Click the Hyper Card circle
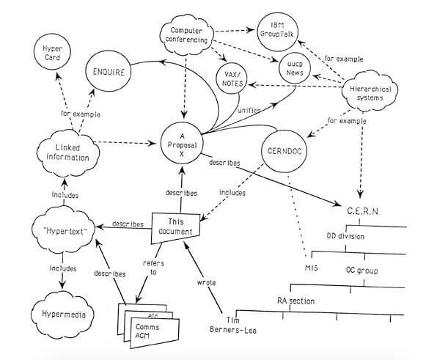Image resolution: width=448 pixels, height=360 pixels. [53, 54]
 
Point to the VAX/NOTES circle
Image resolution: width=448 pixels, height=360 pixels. [235, 77]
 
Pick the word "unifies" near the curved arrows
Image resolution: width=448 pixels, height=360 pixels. [246, 111]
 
